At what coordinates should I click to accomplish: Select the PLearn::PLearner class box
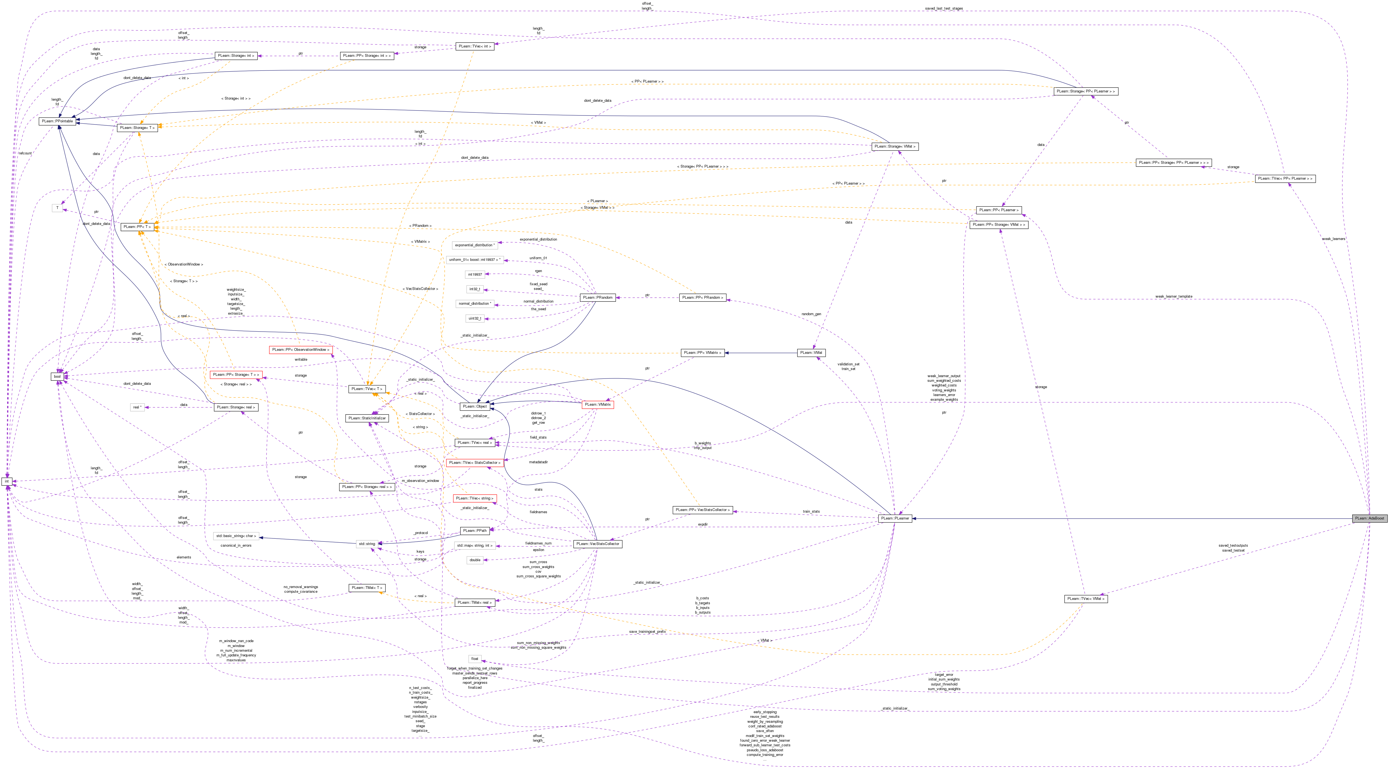894,518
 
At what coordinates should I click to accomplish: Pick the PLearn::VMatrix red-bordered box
597,405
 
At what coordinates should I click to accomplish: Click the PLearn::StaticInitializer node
367,418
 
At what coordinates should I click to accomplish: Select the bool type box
57,376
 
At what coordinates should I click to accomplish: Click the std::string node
367,544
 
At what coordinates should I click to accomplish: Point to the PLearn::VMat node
811,353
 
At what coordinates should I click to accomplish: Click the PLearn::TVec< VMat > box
1086,599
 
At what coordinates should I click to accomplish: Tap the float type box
475,659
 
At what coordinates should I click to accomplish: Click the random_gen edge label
811,314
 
